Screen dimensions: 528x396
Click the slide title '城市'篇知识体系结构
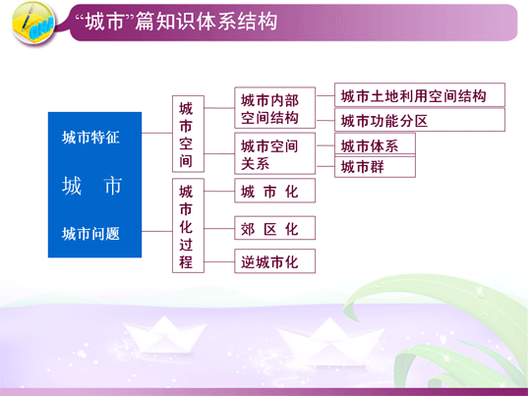tap(176, 22)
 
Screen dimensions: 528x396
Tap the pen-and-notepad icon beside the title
tap(33, 23)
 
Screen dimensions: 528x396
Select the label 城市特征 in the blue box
tap(90, 138)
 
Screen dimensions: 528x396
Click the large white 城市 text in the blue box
tap(91, 186)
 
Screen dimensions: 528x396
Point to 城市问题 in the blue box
tap(90, 234)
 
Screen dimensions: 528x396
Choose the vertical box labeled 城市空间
tap(188, 134)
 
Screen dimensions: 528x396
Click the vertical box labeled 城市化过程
tap(188, 225)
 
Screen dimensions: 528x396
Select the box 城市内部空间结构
tap(274, 108)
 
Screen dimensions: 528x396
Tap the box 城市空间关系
tap(274, 153)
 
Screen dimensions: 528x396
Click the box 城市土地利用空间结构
tap(420, 95)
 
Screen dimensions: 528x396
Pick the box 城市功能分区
tap(420, 120)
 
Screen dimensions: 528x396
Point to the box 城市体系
tap(375, 144)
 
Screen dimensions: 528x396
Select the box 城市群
tap(375, 166)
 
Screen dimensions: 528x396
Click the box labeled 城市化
tap(274, 191)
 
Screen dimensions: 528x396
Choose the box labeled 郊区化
tap(274, 228)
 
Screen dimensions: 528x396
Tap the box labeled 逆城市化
tap(274, 261)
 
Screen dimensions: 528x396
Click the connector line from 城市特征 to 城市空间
tap(157, 133)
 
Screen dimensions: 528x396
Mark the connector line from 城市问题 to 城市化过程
tap(157, 231)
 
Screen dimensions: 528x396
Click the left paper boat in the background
tap(164, 335)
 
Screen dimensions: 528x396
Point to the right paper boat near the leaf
tap(328, 342)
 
